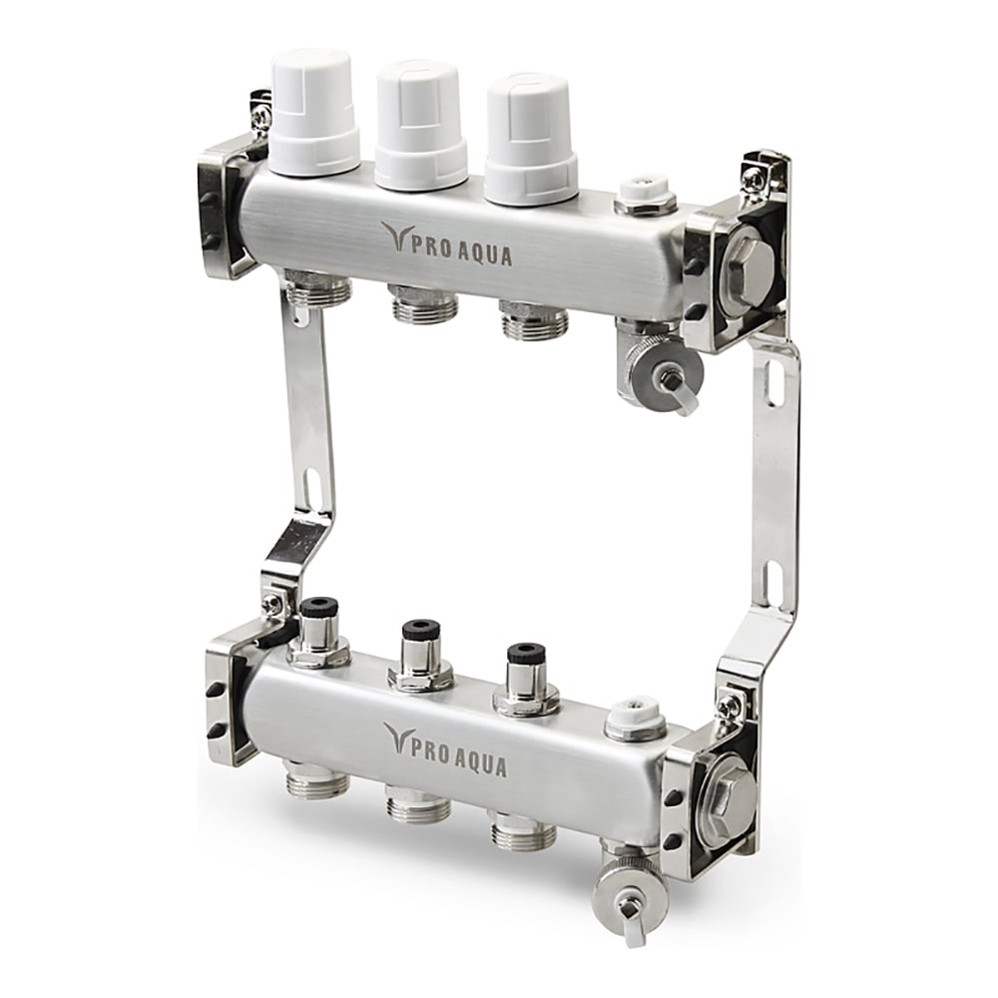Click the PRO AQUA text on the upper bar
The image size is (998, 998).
coord(447,246)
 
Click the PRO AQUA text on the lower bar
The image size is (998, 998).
coord(445,749)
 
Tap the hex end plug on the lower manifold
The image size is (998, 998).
coord(733,793)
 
